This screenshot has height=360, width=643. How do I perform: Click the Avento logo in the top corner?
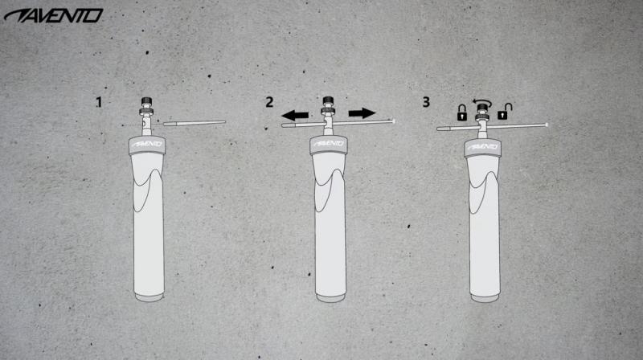[x=53, y=15]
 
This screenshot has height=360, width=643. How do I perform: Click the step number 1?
[x=99, y=102]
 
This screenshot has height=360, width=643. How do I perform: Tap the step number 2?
[x=269, y=102]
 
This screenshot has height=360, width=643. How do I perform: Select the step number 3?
[x=426, y=102]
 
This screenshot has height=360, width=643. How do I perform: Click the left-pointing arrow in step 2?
[x=295, y=115]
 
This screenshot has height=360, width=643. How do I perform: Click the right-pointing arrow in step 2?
[x=362, y=113]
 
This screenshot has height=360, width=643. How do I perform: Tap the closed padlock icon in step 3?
[x=462, y=112]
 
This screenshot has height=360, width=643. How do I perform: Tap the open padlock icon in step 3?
[x=504, y=112]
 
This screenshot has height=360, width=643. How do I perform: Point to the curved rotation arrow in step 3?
[x=482, y=101]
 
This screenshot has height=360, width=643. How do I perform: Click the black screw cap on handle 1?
[x=147, y=101]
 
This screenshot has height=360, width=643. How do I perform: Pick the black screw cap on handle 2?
[x=328, y=101]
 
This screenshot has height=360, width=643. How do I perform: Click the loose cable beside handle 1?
[x=195, y=123]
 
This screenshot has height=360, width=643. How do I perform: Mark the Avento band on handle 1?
[x=147, y=145]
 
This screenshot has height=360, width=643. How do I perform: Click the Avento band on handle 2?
[x=329, y=145]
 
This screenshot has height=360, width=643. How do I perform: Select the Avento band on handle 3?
[x=483, y=148]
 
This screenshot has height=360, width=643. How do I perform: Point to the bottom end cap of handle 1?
[x=149, y=297]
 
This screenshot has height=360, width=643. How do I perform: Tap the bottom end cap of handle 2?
[x=330, y=298]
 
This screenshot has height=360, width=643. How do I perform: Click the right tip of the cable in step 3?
[x=547, y=125]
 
